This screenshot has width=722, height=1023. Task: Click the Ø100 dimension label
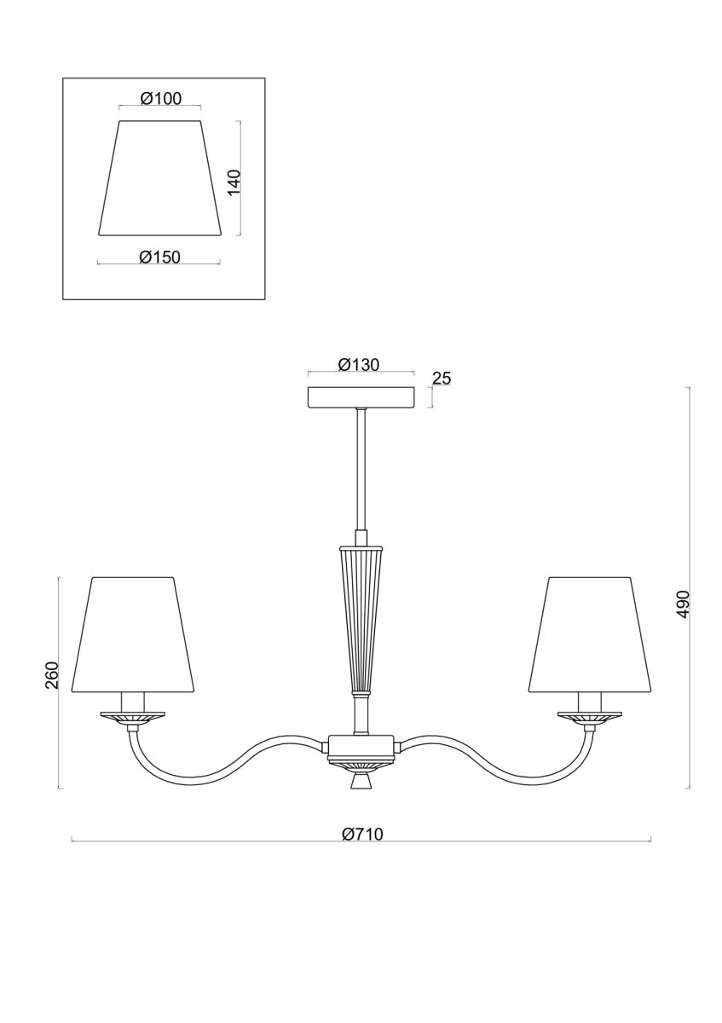pyautogui.click(x=161, y=98)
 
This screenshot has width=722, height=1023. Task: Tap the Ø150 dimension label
pyautogui.click(x=160, y=257)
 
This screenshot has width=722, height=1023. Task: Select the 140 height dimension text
pyautogui.click(x=234, y=182)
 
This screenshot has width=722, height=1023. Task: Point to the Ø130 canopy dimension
pyautogui.click(x=359, y=365)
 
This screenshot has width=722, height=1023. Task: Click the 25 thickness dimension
pyautogui.click(x=441, y=379)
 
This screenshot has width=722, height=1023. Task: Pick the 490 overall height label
pyautogui.click(x=682, y=604)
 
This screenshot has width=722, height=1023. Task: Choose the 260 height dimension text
pyautogui.click(x=53, y=675)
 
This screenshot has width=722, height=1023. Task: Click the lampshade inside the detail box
pyautogui.click(x=160, y=178)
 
